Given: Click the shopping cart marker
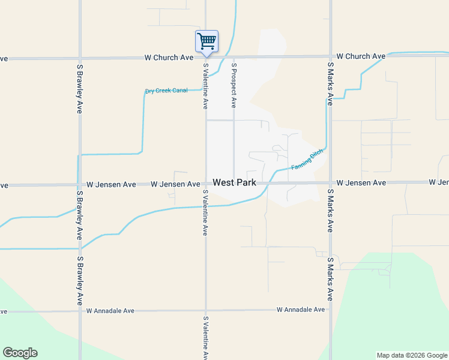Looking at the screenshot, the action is [x=206, y=41].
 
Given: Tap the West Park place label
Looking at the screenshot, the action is [x=234, y=182].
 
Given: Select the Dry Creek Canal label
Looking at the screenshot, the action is [x=166, y=91].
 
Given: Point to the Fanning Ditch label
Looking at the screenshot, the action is [x=307, y=160].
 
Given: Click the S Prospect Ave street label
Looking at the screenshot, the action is [x=234, y=85].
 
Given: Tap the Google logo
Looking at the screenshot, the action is [x=20, y=353].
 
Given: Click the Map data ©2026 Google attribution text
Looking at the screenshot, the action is [x=411, y=355].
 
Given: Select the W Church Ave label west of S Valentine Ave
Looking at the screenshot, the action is [x=169, y=58].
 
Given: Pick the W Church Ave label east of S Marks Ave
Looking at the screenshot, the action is [x=361, y=56].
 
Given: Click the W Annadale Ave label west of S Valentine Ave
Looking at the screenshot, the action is [x=110, y=311].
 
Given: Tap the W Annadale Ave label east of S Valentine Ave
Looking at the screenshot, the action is [x=301, y=310].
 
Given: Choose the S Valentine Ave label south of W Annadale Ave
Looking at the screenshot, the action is [x=205, y=337].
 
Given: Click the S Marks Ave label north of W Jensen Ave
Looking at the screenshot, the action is [x=330, y=83].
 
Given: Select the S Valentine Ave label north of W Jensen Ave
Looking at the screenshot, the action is [x=205, y=86].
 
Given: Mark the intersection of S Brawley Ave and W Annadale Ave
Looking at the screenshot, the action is [x=80, y=311].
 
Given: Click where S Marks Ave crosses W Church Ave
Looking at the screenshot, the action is [x=330, y=58].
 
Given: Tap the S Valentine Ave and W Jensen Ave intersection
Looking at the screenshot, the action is [x=206, y=184].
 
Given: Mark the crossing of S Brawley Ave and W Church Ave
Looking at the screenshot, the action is [x=80, y=58].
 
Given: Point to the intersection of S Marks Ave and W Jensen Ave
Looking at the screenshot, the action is [x=330, y=183].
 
